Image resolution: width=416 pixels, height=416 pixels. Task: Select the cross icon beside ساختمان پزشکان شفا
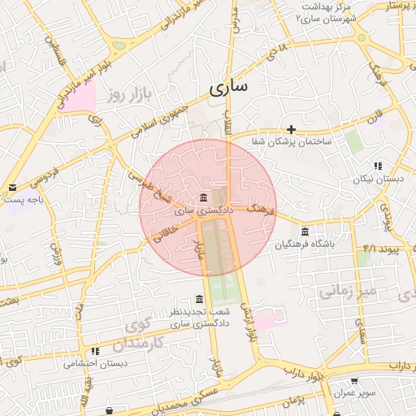pos(291,129)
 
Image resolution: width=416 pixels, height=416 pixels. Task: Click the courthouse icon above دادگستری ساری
pos(202,198)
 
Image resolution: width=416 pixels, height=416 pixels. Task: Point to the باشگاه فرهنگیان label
pos(305,244)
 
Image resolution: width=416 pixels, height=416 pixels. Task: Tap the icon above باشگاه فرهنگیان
pos(305,232)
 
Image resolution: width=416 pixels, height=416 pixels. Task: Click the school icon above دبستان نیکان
pos(378,167)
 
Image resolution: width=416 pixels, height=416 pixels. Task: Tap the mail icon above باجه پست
pos(12,188)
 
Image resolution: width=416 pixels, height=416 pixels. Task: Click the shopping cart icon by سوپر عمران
pos(354,380)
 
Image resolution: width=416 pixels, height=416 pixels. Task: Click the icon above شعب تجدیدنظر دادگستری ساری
pos(199,299)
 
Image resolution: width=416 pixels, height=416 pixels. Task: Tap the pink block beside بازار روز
pos(80,98)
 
